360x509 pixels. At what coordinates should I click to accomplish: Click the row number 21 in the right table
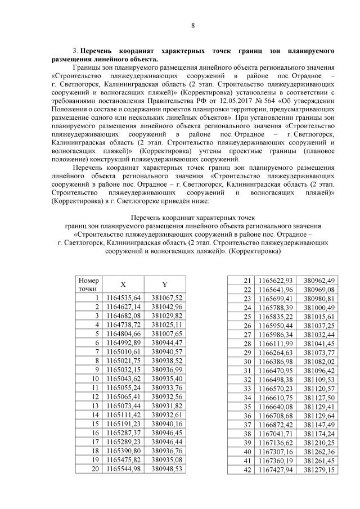coord(246,281)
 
